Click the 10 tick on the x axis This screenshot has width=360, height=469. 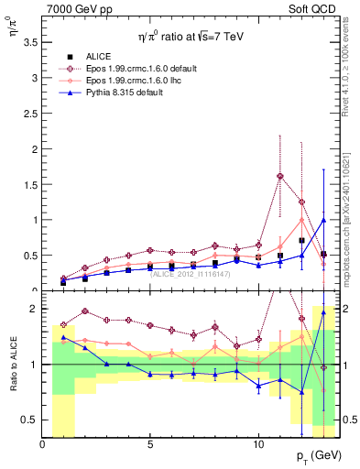(x=257, y=444)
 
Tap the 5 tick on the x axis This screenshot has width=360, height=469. (x=150, y=444)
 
